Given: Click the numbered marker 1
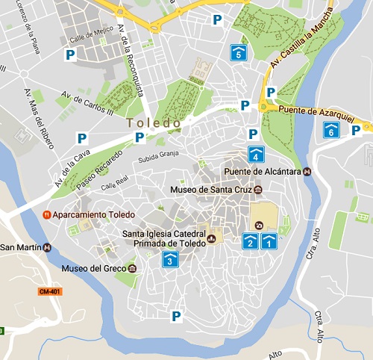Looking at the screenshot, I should click(269, 240).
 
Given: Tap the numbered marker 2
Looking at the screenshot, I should click(251, 240).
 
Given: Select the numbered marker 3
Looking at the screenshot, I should click(171, 259).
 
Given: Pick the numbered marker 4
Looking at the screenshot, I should click(257, 155).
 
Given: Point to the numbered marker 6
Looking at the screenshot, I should click(331, 130).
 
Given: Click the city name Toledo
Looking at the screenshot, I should click(154, 122).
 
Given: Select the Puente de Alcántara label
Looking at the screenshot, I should click(262, 172).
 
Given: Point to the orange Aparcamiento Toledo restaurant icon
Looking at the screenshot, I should click(46, 214).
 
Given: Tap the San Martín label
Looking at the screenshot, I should click(21, 247).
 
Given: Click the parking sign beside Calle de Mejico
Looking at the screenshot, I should click(70, 55).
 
